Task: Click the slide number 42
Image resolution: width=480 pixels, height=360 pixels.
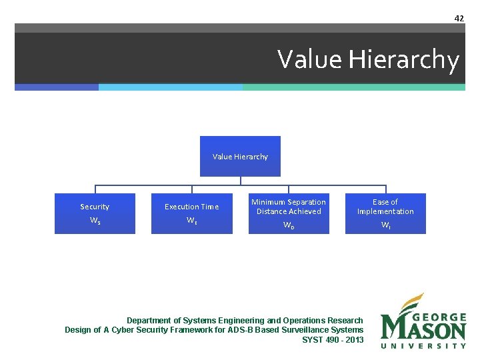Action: pos(459,18)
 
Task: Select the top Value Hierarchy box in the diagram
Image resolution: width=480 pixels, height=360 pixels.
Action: pos(240,157)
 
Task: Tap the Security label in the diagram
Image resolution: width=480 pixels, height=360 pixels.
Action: pos(95,207)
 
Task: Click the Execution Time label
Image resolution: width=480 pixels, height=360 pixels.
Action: pos(192,207)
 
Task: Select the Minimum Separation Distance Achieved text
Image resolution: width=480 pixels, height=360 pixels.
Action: pos(289,207)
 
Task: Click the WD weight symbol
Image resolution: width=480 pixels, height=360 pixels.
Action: pos(289,225)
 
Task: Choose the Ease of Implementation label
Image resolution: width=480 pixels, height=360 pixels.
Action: pos(385,207)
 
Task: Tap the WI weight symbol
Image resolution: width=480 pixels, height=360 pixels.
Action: pos(385,225)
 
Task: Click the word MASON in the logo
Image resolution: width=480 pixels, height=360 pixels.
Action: pos(423,329)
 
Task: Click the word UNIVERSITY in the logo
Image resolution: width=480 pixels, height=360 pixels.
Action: pos(423,345)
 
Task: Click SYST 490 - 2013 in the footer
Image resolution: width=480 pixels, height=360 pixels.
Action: pos(333,339)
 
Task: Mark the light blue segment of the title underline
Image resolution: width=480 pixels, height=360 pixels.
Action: pos(170,87)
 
